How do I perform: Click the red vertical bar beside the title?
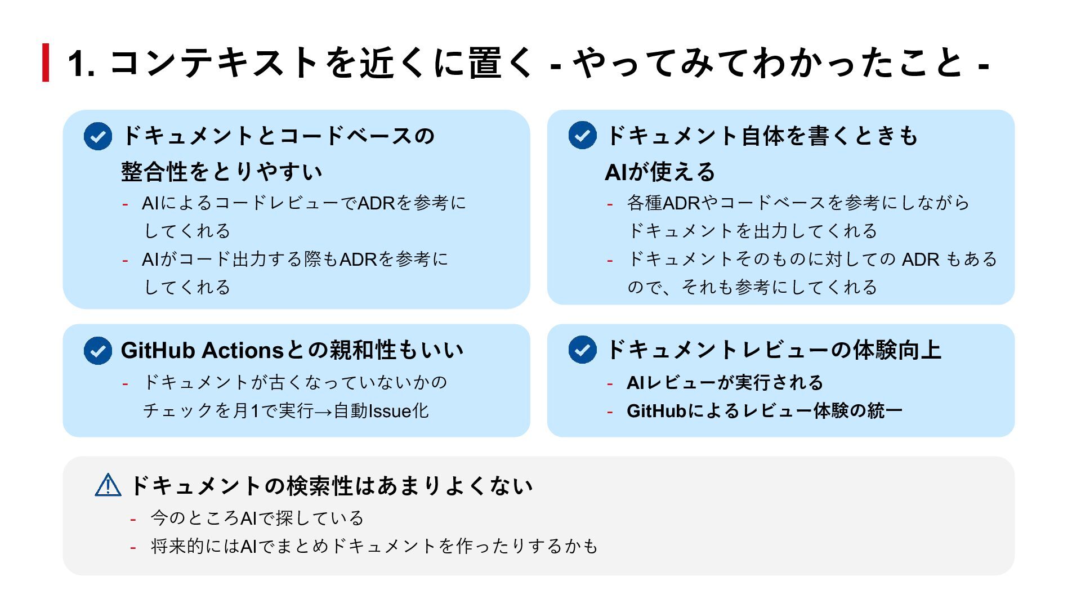(x=46, y=62)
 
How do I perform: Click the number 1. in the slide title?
(x=81, y=63)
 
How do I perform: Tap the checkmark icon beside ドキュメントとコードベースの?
(x=98, y=136)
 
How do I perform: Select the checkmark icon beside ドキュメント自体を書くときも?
(x=582, y=136)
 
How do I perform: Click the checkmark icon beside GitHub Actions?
(x=98, y=351)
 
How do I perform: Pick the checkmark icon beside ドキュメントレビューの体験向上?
(x=582, y=350)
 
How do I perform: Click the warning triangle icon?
(x=108, y=485)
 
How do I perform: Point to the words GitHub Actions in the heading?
(x=203, y=350)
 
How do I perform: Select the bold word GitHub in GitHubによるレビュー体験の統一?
(x=656, y=411)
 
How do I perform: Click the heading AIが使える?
(x=659, y=172)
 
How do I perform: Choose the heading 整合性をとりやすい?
(x=221, y=172)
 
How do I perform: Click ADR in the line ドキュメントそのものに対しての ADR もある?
(x=921, y=259)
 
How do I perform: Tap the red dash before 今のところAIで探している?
(x=133, y=518)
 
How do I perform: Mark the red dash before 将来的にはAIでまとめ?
(x=133, y=547)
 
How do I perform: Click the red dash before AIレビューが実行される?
(x=610, y=383)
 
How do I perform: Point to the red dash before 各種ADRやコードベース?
(x=610, y=203)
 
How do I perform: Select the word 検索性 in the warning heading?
(x=320, y=486)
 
